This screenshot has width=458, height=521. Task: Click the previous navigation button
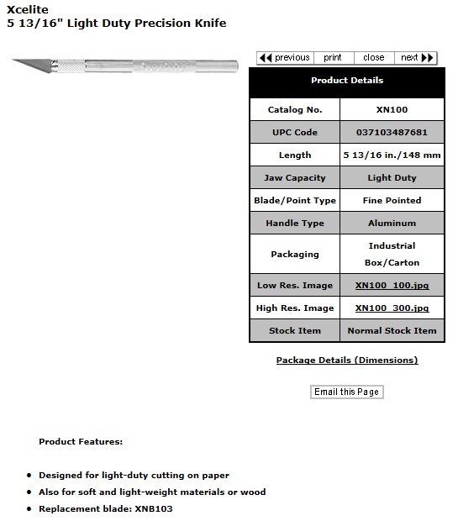284,58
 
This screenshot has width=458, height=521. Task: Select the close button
373,58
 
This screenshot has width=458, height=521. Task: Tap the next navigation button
417,58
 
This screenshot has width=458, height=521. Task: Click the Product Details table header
346,81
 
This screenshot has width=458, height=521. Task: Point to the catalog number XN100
392,110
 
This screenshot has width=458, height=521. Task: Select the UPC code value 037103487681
392,133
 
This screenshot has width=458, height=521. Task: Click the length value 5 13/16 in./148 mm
392,155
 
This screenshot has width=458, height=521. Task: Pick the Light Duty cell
392,178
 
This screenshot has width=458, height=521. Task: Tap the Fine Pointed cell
392,201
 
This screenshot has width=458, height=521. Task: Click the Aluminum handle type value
392,224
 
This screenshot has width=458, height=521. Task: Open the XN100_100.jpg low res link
392,286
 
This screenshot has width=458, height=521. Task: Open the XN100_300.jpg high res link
392,308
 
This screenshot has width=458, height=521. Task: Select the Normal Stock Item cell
392,331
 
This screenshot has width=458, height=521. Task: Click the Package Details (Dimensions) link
346,360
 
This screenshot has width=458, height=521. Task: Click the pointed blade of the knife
30,62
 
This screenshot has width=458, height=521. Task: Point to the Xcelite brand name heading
28,9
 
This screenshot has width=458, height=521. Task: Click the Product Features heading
81,441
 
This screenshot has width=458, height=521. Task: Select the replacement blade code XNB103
154,509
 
